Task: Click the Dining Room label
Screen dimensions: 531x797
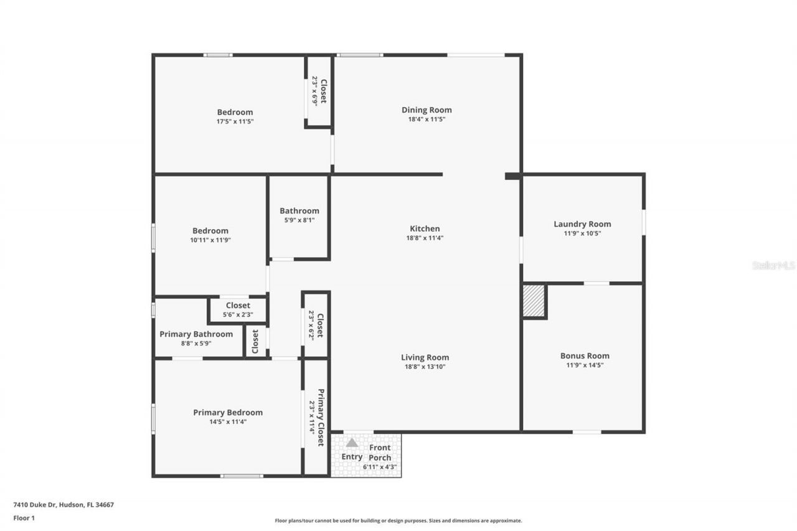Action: click(x=427, y=110)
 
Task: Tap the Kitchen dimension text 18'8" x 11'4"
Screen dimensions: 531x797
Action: click(x=425, y=238)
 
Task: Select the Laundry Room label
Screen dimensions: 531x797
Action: click(x=582, y=224)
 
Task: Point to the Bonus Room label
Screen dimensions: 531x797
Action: click(x=585, y=356)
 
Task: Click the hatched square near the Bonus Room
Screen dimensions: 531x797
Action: click(x=534, y=301)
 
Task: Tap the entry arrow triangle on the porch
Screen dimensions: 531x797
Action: click(x=352, y=443)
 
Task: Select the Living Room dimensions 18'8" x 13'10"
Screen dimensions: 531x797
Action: click(x=425, y=367)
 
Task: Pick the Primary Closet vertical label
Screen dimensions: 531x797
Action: click(x=321, y=417)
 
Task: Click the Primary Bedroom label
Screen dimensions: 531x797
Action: click(x=227, y=413)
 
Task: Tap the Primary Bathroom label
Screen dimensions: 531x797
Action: click(x=196, y=334)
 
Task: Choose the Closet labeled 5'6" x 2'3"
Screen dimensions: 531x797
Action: click(x=238, y=306)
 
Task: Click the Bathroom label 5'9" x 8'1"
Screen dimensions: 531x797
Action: click(x=299, y=211)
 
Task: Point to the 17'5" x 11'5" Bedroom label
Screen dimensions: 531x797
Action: click(x=235, y=113)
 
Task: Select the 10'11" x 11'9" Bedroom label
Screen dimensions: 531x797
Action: click(x=210, y=231)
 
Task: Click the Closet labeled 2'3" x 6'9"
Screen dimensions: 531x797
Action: click(x=323, y=91)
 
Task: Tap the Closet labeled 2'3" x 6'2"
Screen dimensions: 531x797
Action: click(x=319, y=324)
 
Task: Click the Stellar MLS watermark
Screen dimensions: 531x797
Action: click(x=773, y=265)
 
